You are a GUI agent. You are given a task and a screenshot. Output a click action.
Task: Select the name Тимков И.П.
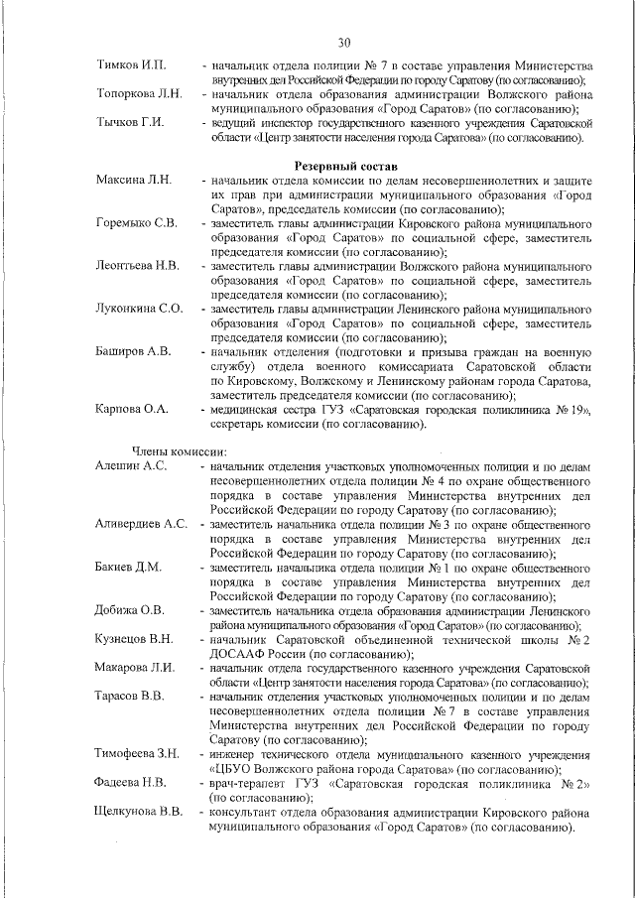coord(130,65)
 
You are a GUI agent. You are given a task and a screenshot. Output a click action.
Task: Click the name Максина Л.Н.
coord(134,180)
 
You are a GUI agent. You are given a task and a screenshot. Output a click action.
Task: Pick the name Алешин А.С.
coord(131,465)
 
